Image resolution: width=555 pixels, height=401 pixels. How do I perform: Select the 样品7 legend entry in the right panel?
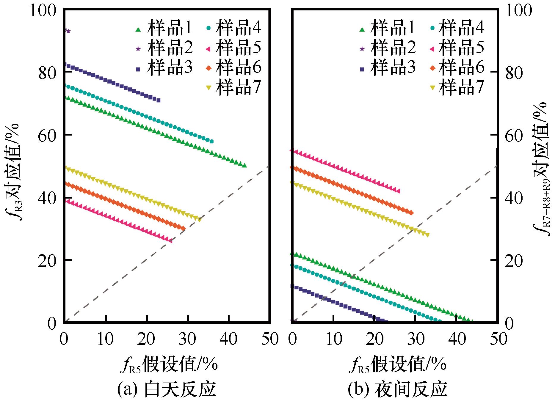(461, 88)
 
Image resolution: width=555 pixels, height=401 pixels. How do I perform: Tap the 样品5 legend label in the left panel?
(238, 48)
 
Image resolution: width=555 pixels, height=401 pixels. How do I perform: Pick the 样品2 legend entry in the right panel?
(393, 48)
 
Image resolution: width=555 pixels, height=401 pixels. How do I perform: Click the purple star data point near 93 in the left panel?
(68, 31)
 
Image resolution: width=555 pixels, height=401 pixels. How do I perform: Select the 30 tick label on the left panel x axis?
(187, 339)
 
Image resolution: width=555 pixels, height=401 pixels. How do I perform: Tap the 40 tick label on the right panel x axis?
(457, 339)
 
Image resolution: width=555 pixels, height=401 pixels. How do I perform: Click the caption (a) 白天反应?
(166, 390)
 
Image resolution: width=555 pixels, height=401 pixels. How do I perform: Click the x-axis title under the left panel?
(169, 364)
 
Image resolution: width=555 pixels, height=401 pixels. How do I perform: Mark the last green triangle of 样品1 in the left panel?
(244, 165)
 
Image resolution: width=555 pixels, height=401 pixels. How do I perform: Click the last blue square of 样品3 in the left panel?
(158, 100)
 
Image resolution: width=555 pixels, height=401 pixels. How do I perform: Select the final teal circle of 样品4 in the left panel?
(211, 141)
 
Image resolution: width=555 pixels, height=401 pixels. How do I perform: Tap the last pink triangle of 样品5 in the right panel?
(398, 191)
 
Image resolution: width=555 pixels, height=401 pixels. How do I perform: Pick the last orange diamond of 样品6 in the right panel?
(411, 213)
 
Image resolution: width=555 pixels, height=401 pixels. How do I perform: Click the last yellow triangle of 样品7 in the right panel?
(427, 235)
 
